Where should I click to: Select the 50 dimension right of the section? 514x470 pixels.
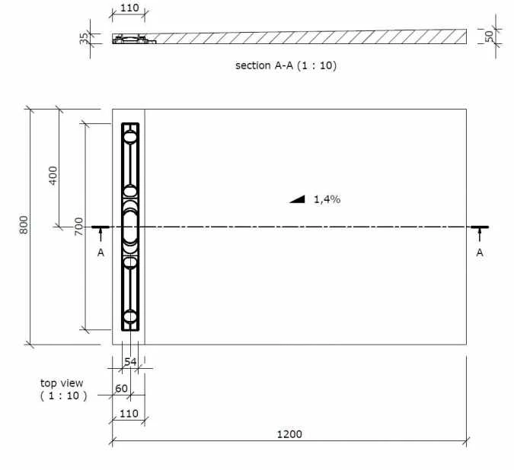point(490,35)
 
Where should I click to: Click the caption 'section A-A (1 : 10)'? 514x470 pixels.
point(286,65)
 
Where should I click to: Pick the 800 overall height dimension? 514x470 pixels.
point(24,226)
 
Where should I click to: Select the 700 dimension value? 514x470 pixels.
point(79,226)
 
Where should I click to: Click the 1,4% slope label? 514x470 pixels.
point(327,199)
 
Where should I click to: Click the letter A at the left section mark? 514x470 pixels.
point(101,252)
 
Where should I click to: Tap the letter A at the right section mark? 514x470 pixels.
point(479,252)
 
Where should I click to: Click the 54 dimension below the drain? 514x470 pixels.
point(129,361)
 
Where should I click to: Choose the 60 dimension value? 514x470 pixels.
point(120,389)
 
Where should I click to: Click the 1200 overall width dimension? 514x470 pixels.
point(289,434)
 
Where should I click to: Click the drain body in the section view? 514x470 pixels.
point(133,38)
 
